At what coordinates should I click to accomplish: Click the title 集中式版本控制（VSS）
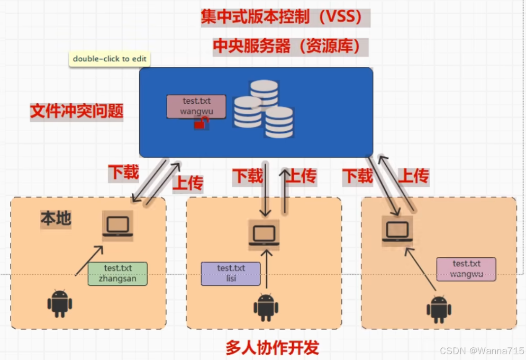(x=284, y=17)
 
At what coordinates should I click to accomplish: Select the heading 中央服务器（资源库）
(x=286, y=46)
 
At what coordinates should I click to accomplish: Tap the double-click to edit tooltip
(x=110, y=59)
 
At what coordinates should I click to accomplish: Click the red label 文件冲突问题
(x=77, y=111)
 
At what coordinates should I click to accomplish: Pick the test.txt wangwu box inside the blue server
(x=196, y=106)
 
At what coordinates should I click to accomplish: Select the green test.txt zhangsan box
(x=117, y=274)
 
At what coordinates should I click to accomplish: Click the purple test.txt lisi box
(x=231, y=274)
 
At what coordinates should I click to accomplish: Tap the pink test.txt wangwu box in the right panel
(x=466, y=269)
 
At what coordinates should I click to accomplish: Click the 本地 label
(x=56, y=219)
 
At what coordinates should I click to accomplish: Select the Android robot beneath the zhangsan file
(x=59, y=303)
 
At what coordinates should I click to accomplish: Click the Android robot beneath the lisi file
(x=266, y=308)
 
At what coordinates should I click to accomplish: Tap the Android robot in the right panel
(x=439, y=309)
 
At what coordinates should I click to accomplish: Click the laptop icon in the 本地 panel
(x=117, y=227)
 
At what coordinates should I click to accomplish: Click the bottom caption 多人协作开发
(x=273, y=347)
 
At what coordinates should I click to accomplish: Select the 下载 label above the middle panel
(x=248, y=176)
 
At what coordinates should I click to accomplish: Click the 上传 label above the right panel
(x=413, y=176)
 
